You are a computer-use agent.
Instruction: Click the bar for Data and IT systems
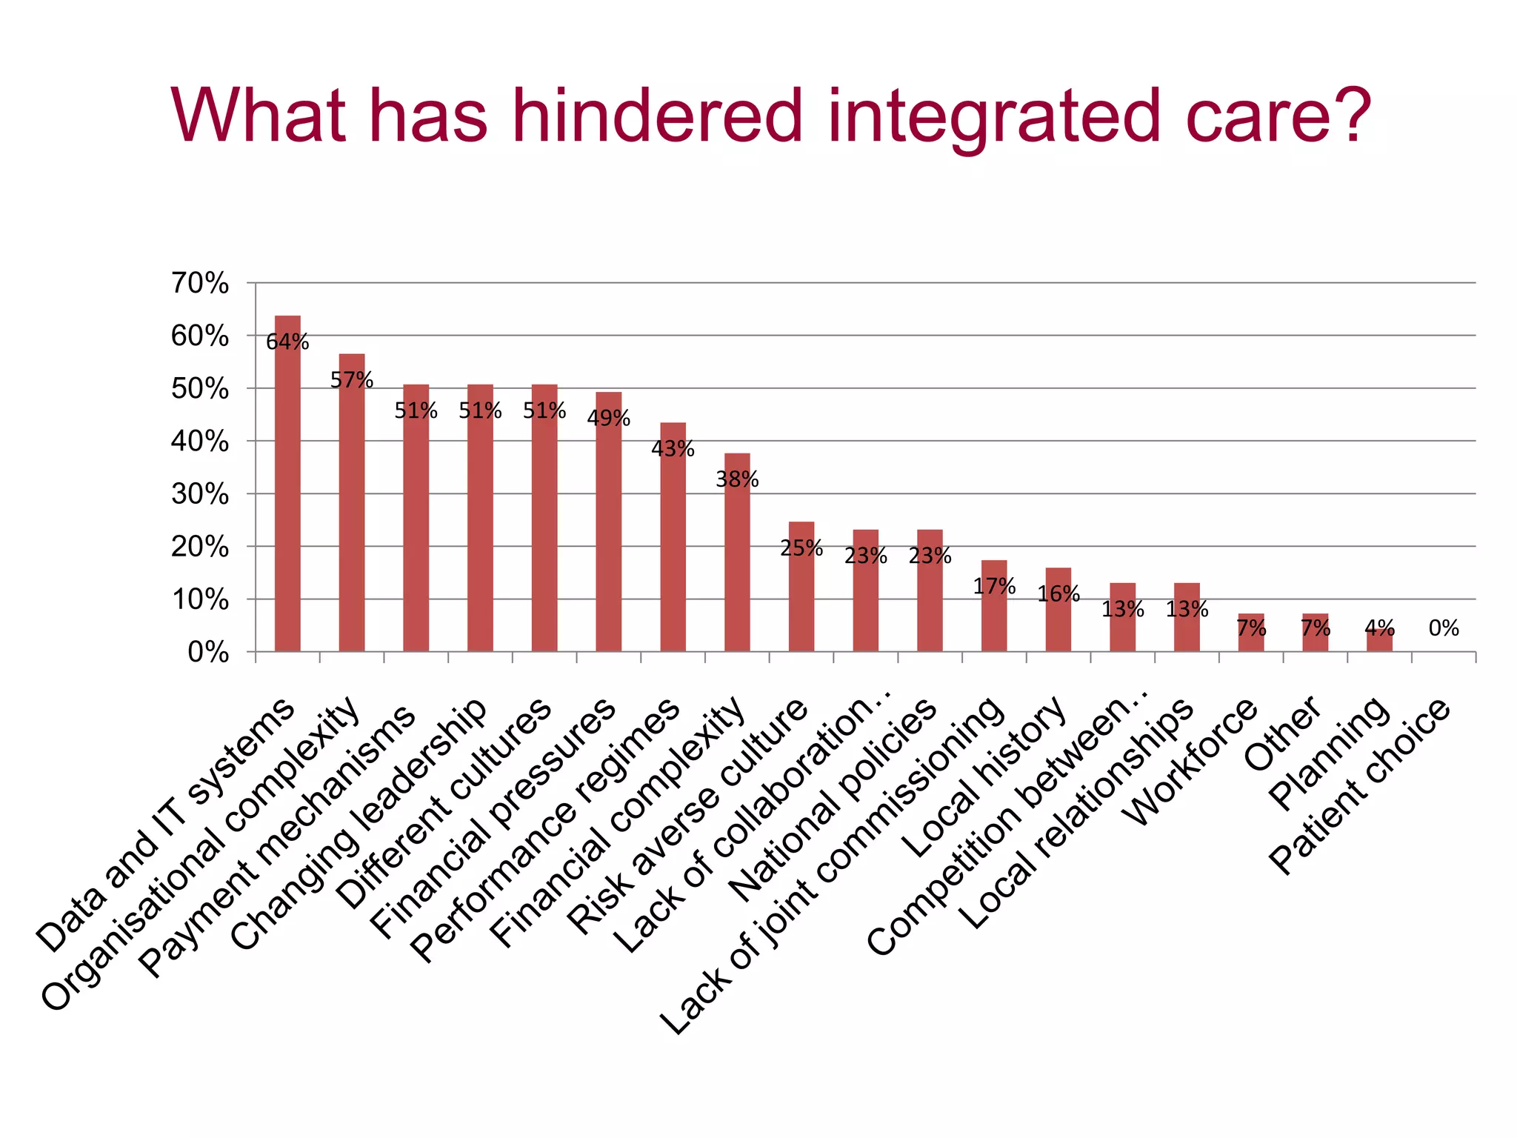pos(287,504)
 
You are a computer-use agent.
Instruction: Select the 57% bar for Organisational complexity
pos(352,519)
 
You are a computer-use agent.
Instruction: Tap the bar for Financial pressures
pos(609,533)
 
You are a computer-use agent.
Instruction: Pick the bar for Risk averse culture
pos(801,600)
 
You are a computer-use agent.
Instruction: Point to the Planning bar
pos(1379,642)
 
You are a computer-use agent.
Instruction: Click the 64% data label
pos(287,342)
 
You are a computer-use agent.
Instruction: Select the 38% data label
pos(737,480)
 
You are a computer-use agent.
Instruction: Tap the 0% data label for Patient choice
pos(1444,629)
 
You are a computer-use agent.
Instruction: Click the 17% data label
pos(994,587)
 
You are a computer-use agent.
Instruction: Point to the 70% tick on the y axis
pos(200,283)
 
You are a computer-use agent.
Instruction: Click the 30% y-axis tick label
pos(200,494)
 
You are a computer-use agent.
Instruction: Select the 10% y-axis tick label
pos(200,599)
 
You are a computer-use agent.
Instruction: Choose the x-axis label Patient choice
pos(1360,785)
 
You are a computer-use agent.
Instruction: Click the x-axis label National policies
pos(833,800)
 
